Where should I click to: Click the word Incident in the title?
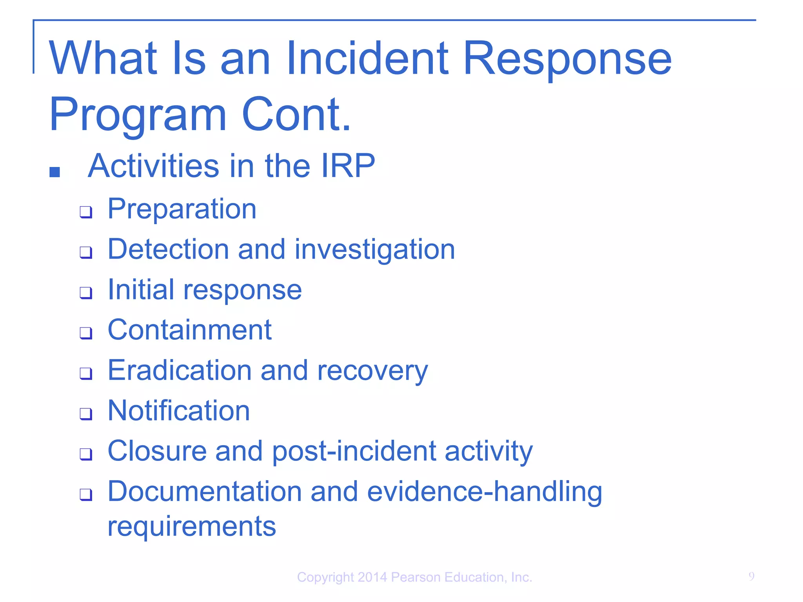[367, 59]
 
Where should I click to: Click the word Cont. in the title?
[296, 114]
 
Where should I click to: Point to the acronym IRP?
[348, 166]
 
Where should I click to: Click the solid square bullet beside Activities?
[55, 172]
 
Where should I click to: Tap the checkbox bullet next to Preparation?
[86, 212]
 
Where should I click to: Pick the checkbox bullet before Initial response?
[86, 293]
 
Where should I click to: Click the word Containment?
[190, 330]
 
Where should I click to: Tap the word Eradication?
[180, 370]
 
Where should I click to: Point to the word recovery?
[372, 371]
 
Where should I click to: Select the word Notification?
[179, 411]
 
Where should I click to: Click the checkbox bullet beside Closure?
[86, 454]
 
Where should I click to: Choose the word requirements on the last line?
[192, 526]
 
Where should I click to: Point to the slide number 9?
[751, 577]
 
